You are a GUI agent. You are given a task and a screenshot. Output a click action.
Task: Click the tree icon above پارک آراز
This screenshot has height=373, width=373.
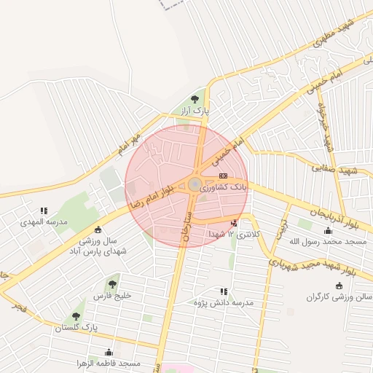(x=194, y=99)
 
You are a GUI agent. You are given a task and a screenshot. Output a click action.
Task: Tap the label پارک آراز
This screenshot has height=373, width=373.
(x=195, y=111)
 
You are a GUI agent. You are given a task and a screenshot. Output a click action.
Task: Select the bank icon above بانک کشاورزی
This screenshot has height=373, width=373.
(x=223, y=176)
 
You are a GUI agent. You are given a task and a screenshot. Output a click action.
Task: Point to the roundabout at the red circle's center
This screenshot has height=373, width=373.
(x=195, y=184)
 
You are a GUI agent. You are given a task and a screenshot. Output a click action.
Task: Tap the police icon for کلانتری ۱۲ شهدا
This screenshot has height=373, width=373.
(x=233, y=224)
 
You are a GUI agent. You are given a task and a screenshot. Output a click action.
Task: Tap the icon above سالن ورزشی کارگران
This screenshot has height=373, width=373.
(x=337, y=286)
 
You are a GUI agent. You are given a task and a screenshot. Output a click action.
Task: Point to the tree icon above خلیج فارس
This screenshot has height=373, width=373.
(x=111, y=284)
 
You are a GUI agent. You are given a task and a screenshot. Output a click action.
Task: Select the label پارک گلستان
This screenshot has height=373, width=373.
(x=76, y=329)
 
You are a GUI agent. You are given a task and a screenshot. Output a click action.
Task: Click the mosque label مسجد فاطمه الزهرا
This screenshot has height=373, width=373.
(x=109, y=363)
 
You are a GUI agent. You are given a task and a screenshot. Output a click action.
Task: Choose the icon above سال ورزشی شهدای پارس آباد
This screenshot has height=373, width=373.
(x=98, y=230)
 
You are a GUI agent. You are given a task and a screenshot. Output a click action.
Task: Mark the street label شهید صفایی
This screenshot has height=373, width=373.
(x=336, y=169)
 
